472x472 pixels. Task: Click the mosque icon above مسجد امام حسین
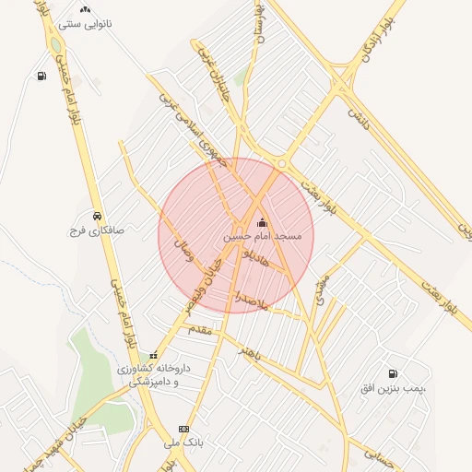(262, 222)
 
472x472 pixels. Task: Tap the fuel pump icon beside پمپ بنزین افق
(394, 374)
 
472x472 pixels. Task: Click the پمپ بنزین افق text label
(395, 390)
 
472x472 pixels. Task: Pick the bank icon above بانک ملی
(183, 429)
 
